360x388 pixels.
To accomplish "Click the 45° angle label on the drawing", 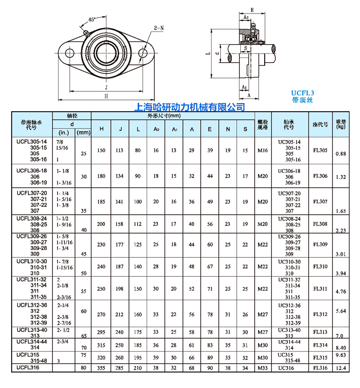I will point(91,20).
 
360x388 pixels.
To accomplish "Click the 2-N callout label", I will point(158,27).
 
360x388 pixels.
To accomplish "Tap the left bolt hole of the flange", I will point(70,53).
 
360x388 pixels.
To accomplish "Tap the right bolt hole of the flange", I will point(143,53).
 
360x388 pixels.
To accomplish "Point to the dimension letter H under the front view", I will point(107,96).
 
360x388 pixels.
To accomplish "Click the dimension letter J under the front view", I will point(107,87).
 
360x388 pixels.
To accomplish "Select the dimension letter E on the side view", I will point(252,9).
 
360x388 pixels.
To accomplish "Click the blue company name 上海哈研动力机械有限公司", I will point(190,107).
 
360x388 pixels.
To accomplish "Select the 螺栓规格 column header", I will point(262,124).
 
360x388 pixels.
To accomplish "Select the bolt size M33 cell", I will point(262,368).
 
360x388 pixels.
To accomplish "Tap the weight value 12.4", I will point(341,369).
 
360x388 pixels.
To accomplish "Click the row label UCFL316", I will point(28,368).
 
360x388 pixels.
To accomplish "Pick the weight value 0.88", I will point(341,154).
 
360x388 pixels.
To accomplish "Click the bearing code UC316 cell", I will point(286,368).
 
